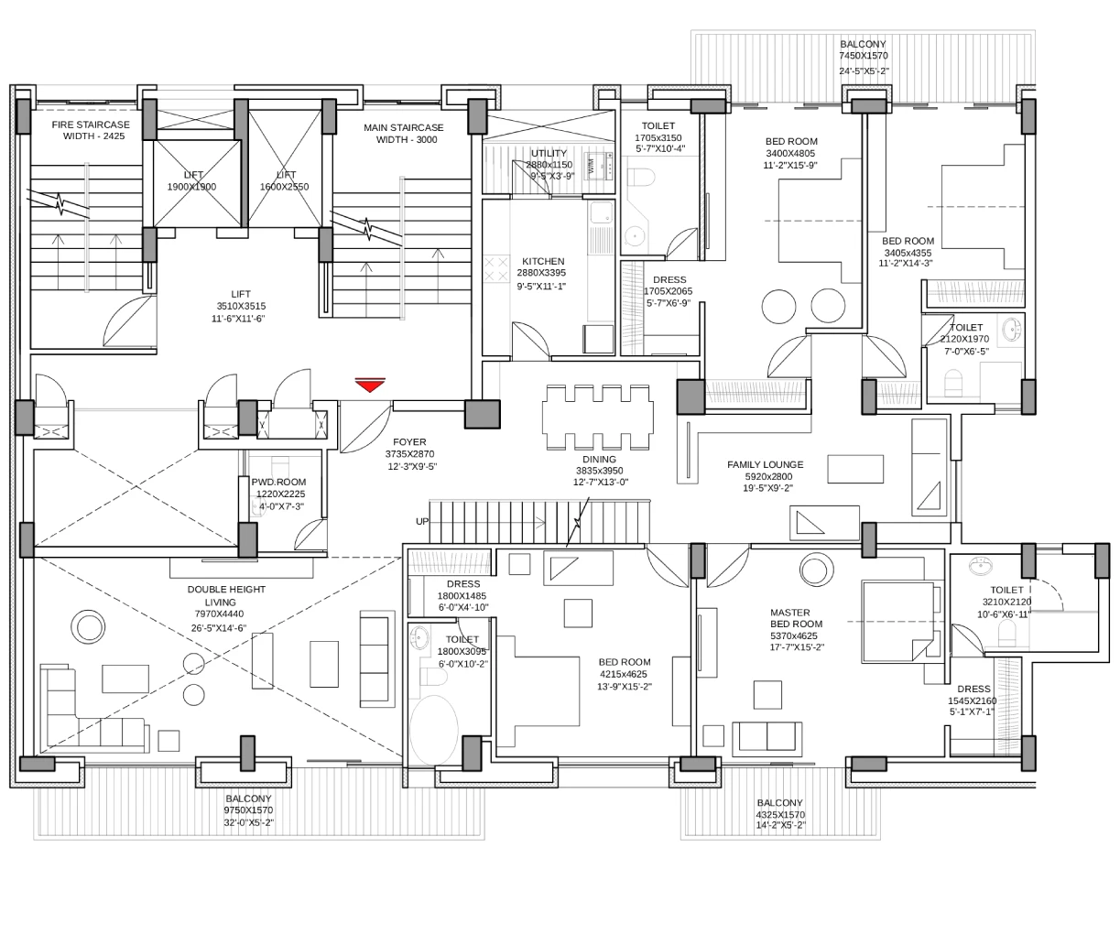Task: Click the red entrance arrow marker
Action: tap(370, 385)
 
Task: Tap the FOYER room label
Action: tap(409, 442)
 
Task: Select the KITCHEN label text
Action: tap(543, 261)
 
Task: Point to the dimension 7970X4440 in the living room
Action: tap(219, 614)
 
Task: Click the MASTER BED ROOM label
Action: tap(796, 618)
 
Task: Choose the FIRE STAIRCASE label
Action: tap(91, 125)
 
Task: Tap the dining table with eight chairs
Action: tap(598, 417)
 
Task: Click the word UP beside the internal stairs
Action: tap(422, 521)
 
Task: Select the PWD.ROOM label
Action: tap(278, 482)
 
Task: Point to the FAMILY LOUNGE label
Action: tap(765, 464)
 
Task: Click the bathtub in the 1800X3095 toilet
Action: tap(433, 730)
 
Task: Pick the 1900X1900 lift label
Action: tap(191, 187)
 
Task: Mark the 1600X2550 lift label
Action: tap(284, 187)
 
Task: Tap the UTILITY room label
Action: tap(549, 153)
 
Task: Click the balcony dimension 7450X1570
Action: tap(864, 55)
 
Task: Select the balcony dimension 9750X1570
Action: tap(248, 810)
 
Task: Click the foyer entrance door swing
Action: tap(365, 428)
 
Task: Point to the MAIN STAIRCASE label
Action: tap(403, 127)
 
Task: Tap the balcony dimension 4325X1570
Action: tap(780, 814)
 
